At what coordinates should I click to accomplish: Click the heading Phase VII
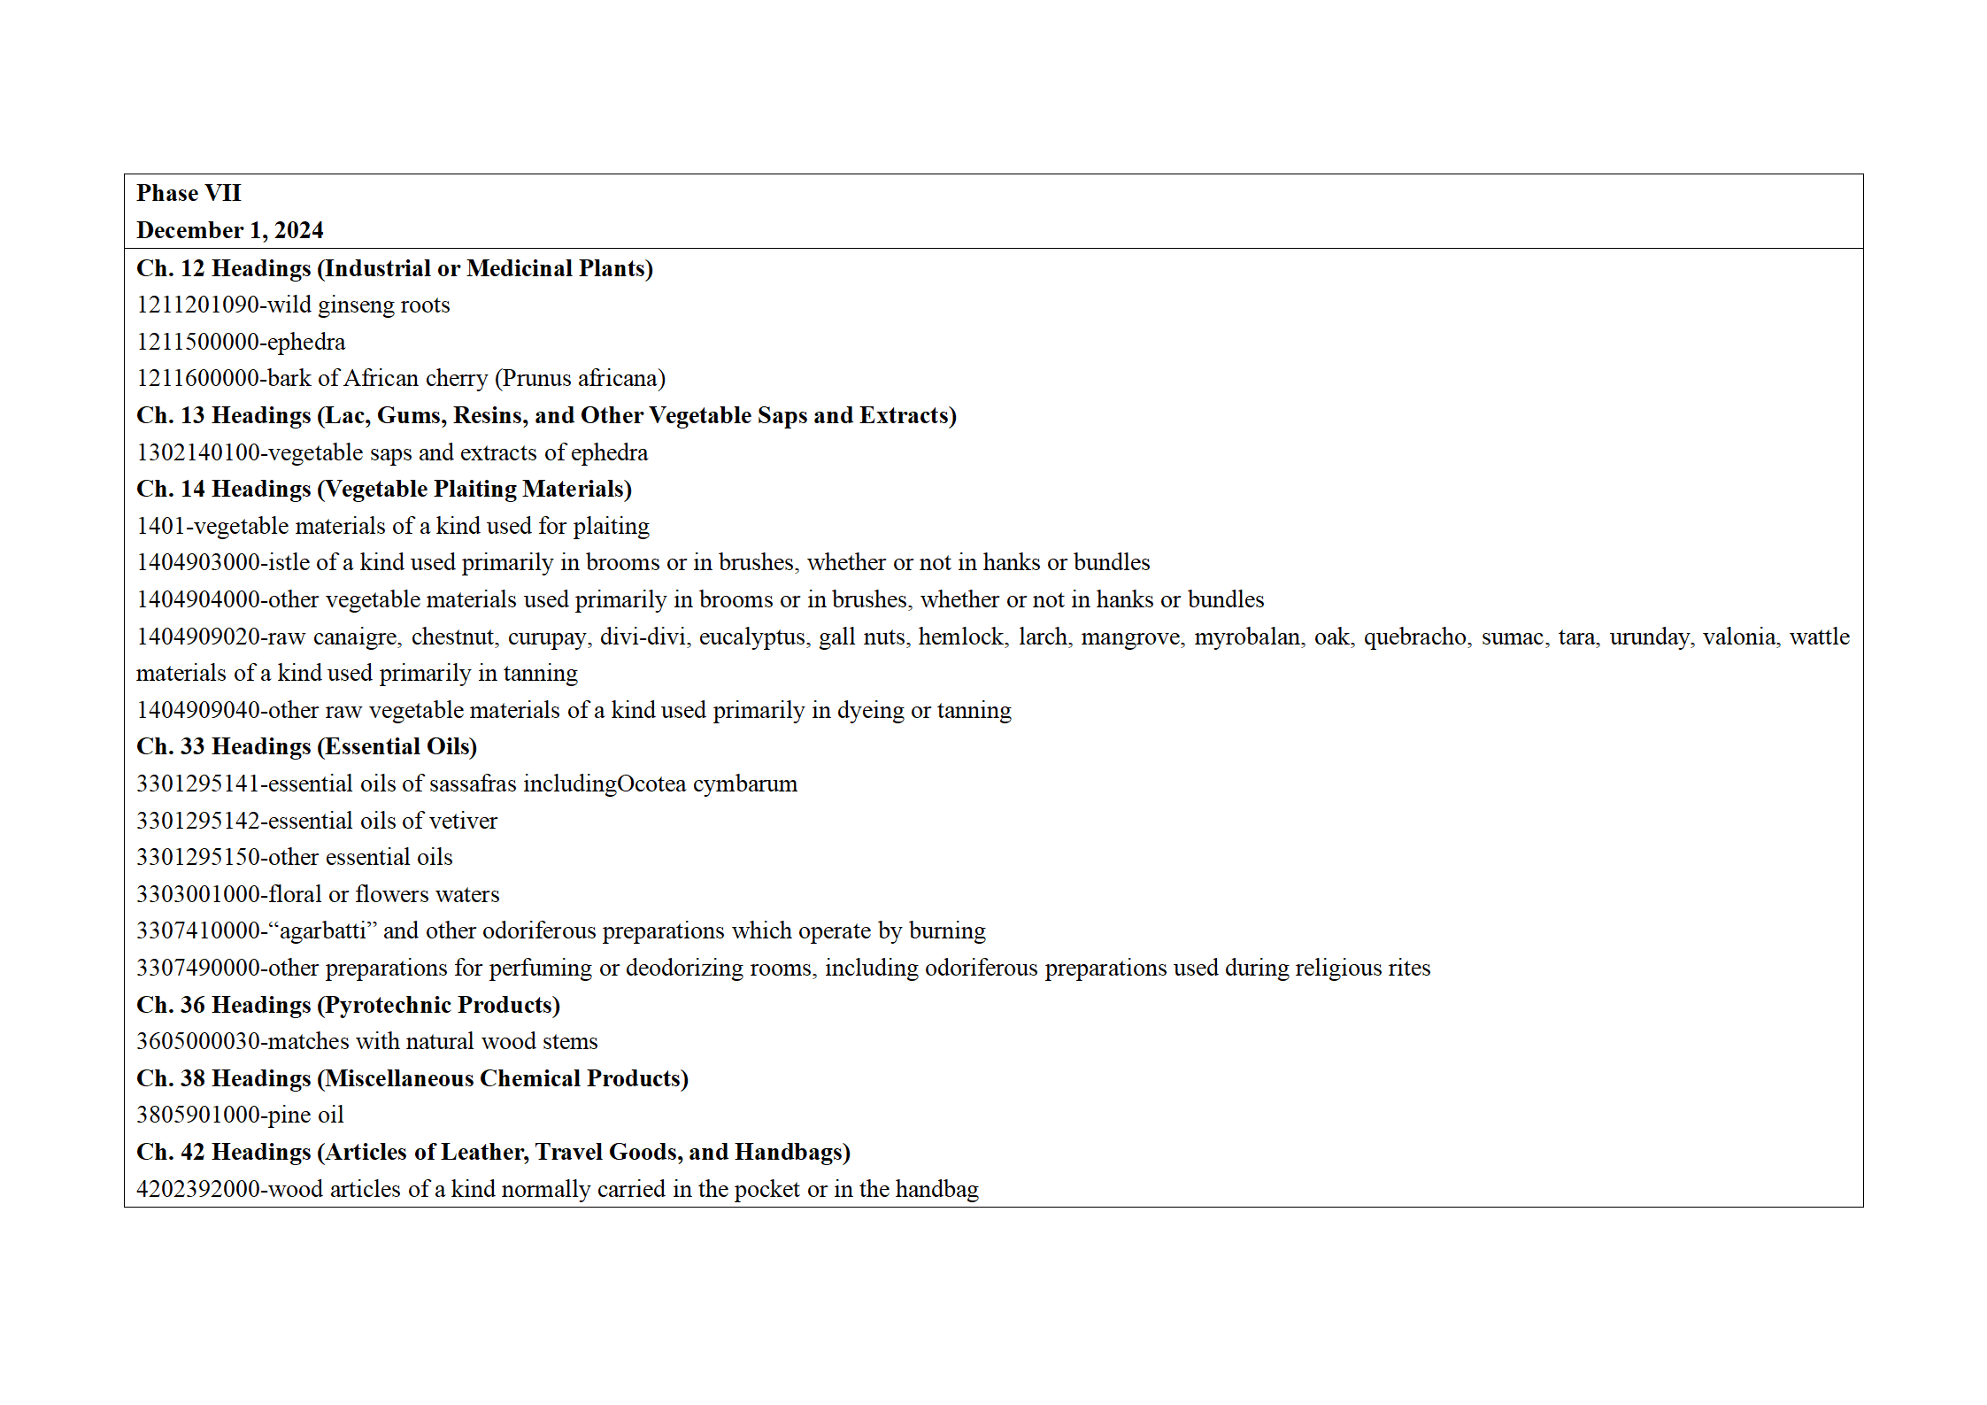click(x=189, y=193)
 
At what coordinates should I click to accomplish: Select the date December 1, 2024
click(x=230, y=230)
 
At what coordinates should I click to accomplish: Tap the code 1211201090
click(x=197, y=305)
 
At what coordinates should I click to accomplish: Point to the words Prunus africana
click(x=580, y=378)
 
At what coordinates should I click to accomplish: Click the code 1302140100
click(x=197, y=452)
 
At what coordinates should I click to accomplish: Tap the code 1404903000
click(x=197, y=562)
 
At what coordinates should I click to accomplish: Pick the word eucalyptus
click(x=752, y=637)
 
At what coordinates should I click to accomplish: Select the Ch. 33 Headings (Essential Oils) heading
click(x=306, y=746)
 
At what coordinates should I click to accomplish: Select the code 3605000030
click(x=197, y=1041)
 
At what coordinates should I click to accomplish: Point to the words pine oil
click(x=306, y=1115)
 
